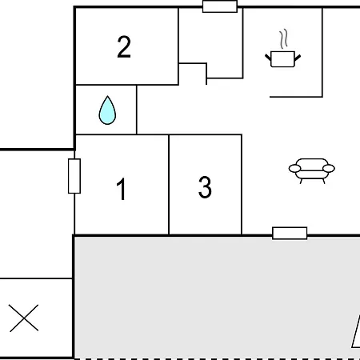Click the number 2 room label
click(x=124, y=46)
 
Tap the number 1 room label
click(x=122, y=189)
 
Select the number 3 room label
click(x=205, y=187)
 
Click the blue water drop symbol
click(x=107, y=110)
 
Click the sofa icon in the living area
click(x=312, y=171)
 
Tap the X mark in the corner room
click(x=24, y=318)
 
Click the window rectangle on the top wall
click(x=220, y=6)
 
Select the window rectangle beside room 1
click(x=74, y=176)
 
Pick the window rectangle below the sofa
click(x=290, y=234)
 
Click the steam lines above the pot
click(x=284, y=39)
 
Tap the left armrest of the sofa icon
click(x=295, y=169)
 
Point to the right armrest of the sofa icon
click(x=329, y=169)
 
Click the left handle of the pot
click(x=268, y=58)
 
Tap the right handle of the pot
click(x=298, y=58)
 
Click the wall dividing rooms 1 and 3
click(x=169, y=185)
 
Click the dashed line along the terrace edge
click(x=217, y=358)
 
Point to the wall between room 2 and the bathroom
click(x=106, y=85)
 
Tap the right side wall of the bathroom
click(x=137, y=110)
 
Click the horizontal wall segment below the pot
click(x=296, y=97)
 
